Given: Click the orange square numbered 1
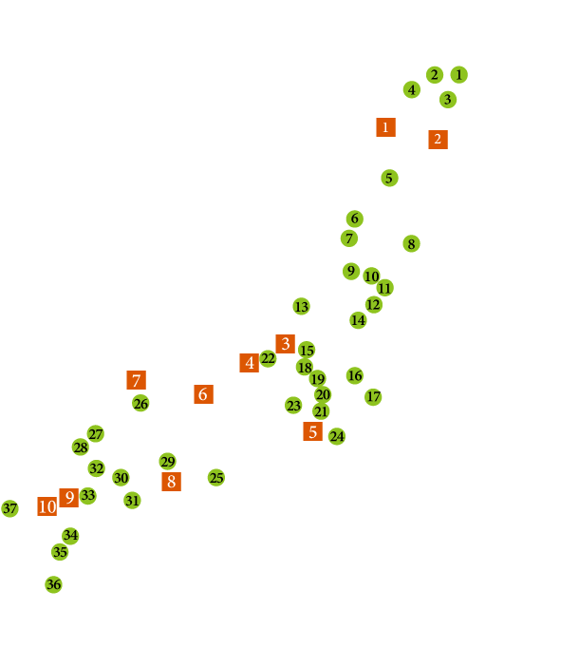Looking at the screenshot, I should coord(385,126).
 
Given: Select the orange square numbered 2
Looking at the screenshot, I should coord(438,139).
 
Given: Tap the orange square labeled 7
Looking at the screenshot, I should coord(137,380).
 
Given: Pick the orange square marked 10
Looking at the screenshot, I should coord(47,506).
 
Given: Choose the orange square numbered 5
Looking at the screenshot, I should coord(312,431).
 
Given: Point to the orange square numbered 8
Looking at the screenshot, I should coord(171,482).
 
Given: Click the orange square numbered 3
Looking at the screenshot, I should coord(285,344).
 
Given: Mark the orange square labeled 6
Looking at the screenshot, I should coord(203,394).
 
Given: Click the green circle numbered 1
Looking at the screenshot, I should coord(459,74).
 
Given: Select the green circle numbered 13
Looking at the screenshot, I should coord(301,307).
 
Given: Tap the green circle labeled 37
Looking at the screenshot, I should coord(9,509).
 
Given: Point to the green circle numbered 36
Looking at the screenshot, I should coord(53,584).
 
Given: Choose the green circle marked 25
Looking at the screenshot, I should coord(216,478).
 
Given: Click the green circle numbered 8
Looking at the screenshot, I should coord(411,244).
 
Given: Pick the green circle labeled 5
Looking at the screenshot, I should coord(388,178).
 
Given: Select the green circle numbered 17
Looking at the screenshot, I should coord(373,396).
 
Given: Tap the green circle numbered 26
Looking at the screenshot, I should coord(140,404).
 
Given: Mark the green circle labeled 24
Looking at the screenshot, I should coord(337,437).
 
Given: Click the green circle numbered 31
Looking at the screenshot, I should coord(132,500).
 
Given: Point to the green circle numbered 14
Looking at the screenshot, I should coord(358,320).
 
